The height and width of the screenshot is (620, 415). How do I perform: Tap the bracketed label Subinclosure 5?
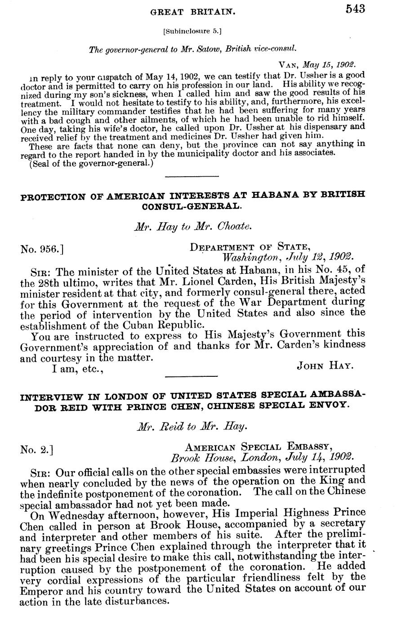pos(192,31)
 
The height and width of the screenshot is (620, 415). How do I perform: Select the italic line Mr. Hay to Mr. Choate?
pos(192,227)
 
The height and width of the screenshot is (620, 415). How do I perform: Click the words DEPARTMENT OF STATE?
pos(250,247)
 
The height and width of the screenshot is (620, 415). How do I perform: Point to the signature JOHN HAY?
pos(326,366)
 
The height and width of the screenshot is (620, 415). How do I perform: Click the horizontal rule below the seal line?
pos(192,176)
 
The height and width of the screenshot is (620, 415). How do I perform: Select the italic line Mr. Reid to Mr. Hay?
pos(192,426)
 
